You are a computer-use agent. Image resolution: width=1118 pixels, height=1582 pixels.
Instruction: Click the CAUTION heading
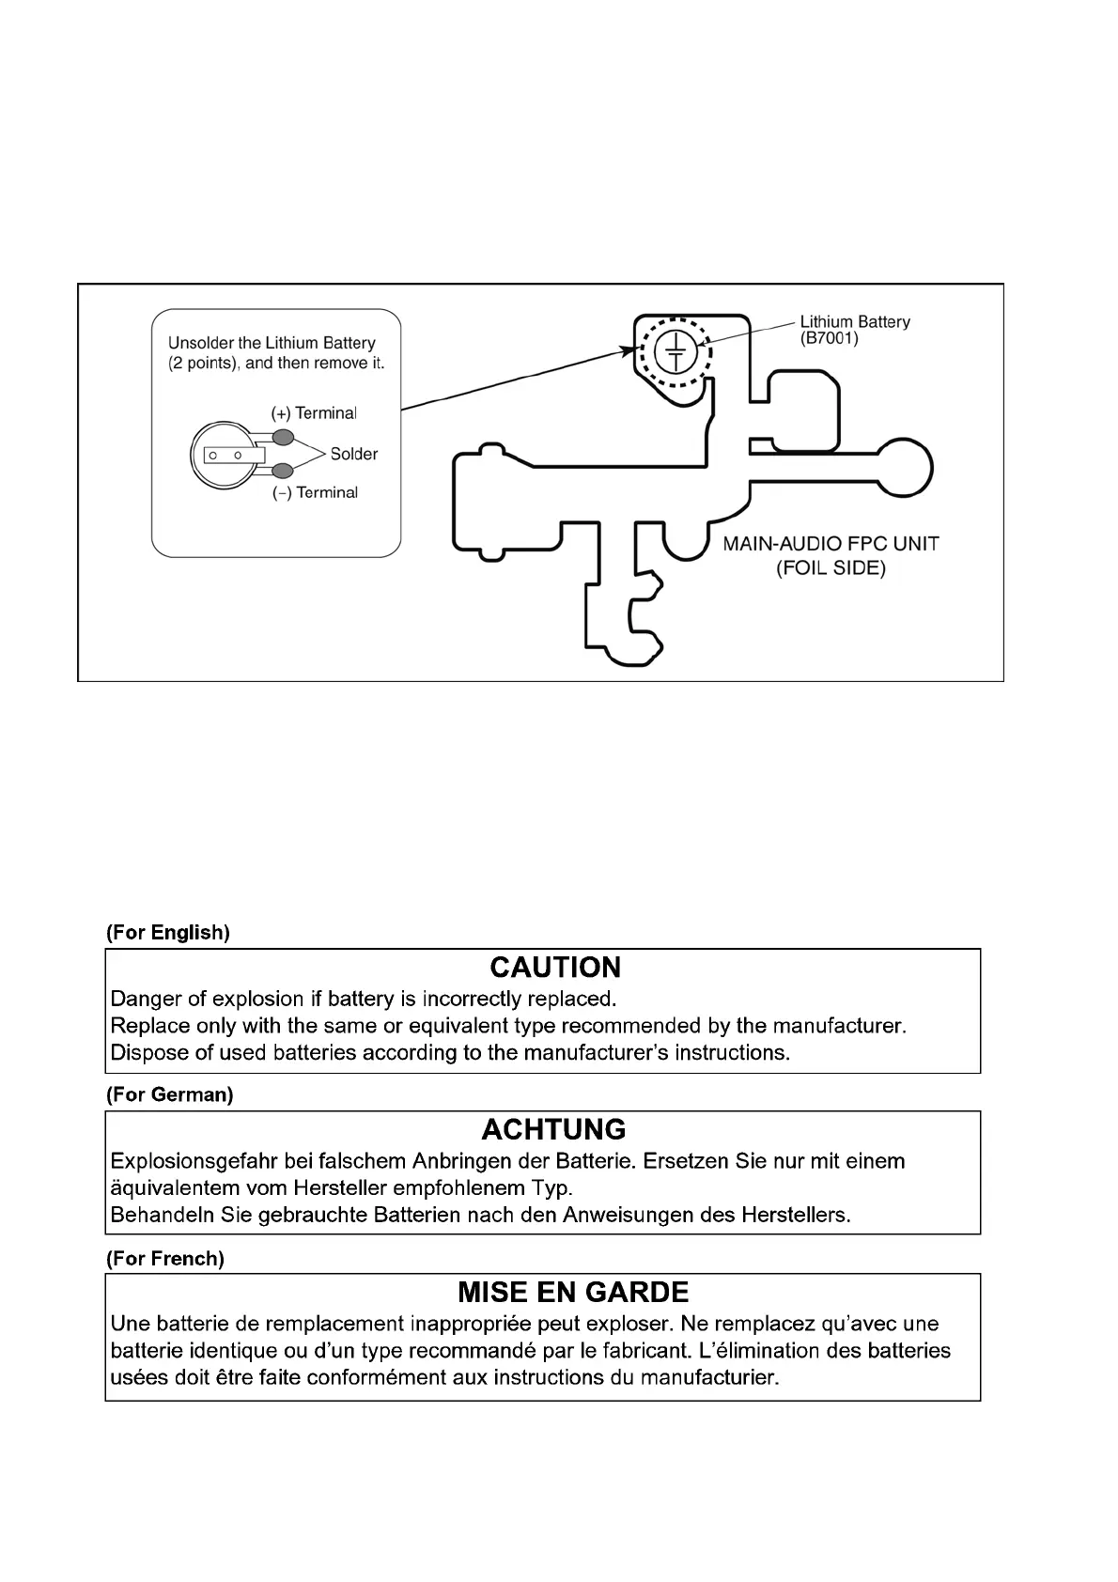[555, 968]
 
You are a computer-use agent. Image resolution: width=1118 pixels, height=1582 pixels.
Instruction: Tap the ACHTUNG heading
[553, 1129]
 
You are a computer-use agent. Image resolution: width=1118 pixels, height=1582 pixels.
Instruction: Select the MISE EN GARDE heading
[573, 1293]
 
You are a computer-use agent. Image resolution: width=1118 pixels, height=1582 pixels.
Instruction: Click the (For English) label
[168, 933]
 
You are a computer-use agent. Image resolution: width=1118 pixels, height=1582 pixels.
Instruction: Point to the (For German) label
[170, 1094]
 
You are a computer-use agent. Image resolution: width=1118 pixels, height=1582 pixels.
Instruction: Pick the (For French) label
[165, 1259]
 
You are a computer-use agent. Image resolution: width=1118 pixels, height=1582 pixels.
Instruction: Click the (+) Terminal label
[314, 413]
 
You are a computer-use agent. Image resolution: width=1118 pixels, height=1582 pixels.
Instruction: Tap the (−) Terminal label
[315, 492]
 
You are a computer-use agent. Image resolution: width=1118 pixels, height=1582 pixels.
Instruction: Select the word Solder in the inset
[353, 455]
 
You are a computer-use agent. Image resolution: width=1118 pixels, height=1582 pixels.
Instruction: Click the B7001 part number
[829, 338]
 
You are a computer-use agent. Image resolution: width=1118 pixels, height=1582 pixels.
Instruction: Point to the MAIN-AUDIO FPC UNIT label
[831, 544]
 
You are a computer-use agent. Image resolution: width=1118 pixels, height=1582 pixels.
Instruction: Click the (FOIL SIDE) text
[831, 568]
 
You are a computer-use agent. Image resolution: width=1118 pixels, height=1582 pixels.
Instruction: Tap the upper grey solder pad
[282, 437]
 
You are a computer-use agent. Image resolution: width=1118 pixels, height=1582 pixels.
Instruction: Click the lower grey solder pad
[282, 472]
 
